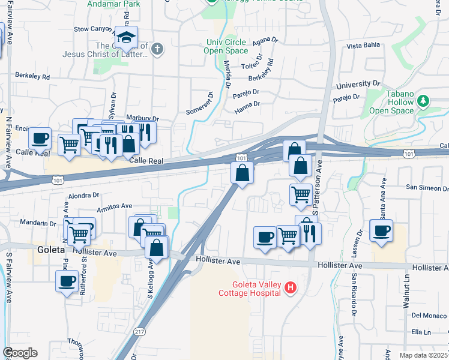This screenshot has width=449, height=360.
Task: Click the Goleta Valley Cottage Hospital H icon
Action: tap(291, 289)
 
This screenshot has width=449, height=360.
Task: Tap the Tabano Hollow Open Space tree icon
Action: tap(424, 101)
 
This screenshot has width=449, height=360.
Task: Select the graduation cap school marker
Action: tap(127, 39)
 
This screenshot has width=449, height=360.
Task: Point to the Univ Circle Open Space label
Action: tap(226, 46)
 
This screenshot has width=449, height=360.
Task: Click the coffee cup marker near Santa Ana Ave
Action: tap(381, 231)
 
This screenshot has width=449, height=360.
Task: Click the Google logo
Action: tap(20, 353)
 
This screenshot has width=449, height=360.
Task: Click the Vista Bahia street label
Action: tap(364, 46)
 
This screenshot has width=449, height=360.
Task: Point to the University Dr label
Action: tap(359, 85)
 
